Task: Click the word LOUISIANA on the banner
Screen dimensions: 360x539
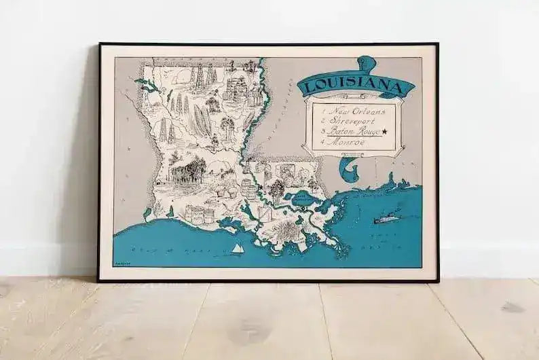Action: [355, 86]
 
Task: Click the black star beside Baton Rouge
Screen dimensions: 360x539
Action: [385, 131]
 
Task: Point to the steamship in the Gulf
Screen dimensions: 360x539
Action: [386, 219]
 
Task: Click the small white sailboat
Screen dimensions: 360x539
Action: [237, 249]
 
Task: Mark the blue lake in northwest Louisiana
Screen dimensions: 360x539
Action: [145, 85]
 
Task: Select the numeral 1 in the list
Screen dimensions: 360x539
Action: [324, 111]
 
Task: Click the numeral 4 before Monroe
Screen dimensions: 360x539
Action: [324, 143]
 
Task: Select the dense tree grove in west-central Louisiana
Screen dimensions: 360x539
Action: [191, 170]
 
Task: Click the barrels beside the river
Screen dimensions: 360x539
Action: [249, 190]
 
